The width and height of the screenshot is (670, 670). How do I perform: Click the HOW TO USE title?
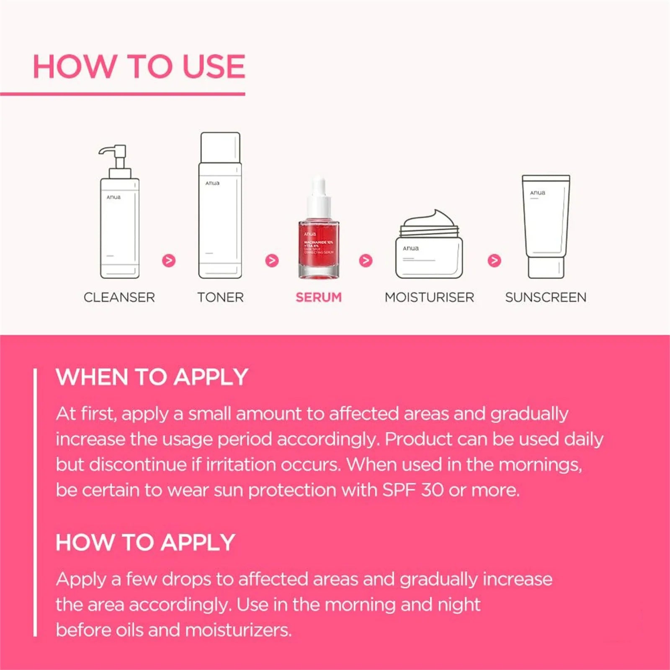[139, 67]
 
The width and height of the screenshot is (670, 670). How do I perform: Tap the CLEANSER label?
[119, 297]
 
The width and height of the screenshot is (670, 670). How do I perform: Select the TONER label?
[220, 297]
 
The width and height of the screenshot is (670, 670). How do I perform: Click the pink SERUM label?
[319, 297]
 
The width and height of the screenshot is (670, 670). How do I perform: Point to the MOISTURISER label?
[429, 297]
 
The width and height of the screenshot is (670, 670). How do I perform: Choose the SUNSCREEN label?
[546, 297]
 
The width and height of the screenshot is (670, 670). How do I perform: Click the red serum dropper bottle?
[319, 247]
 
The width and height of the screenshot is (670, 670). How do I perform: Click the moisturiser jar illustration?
[429, 251]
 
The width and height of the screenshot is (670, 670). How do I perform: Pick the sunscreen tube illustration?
[546, 226]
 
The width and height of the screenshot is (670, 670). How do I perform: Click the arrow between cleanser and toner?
[169, 260]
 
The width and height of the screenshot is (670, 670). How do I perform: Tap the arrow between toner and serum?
[272, 260]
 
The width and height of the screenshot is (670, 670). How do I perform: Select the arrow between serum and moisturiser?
[366, 260]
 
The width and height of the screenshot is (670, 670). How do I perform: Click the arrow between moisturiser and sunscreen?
[495, 260]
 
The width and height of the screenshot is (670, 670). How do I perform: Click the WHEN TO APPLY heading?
[152, 377]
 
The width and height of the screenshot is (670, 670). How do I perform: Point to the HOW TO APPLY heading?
[145, 542]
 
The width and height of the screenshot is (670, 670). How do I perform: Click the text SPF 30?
[412, 490]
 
